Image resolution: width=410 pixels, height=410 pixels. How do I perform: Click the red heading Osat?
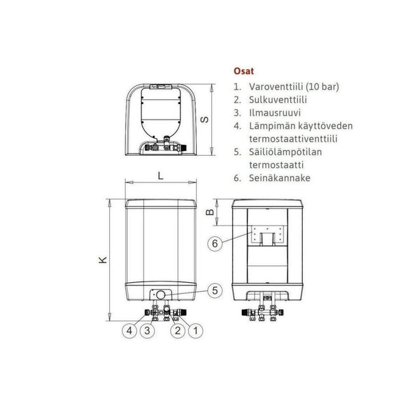[244, 71]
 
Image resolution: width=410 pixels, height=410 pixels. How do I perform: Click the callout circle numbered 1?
[195, 331]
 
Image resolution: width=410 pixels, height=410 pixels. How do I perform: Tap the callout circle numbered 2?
[178, 331]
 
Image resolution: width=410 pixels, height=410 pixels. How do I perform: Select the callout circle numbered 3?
[147, 331]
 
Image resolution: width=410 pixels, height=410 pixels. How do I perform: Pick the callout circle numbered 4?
[129, 331]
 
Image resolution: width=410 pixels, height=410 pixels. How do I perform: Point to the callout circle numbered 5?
[215, 290]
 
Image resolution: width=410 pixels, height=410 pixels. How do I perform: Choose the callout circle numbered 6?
[215, 243]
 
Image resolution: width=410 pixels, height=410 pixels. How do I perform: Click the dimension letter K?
[103, 260]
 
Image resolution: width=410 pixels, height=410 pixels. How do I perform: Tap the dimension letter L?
[161, 176]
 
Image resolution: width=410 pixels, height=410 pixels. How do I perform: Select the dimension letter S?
[204, 120]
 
